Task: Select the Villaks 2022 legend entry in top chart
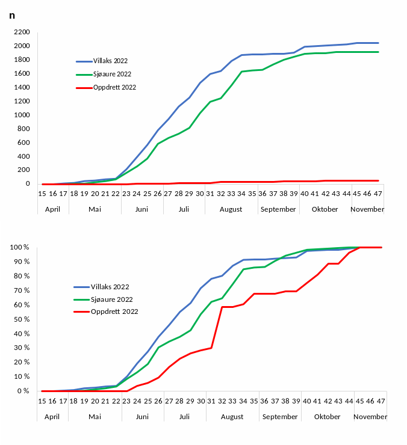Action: pyautogui.click(x=110, y=61)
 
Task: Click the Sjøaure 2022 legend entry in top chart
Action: pyautogui.click(x=112, y=74)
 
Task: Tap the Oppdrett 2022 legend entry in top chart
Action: pyautogui.click(x=114, y=87)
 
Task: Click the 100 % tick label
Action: pyautogui.click(x=20, y=247)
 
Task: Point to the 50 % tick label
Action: pyautogui.click(x=21, y=319)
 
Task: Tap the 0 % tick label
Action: pyautogui.click(x=23, y=391)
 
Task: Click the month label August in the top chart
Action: pyautogui.click(x=231, y=209)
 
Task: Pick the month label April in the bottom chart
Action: pyautogui.click(x=52, y=416)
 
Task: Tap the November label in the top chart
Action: pyautogui.click(x=367, y=209)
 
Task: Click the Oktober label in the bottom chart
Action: pyautogui.click(x=327, y=416)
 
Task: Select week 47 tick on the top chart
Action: pyautogui.click(x=377, y=193)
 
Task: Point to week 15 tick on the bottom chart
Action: pyautogui.click(x=42, y=400)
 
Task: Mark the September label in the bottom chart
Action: pyautogui.click(x=280, y=416)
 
